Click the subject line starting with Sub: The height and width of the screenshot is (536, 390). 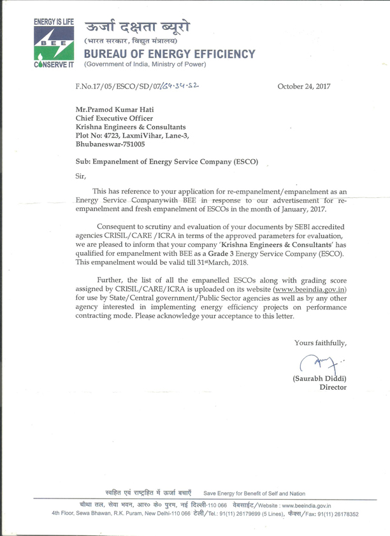tap(167, 162)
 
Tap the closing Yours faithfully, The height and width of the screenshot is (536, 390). tap(320, 343)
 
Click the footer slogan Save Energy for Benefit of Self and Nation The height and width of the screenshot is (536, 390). tap(254, 493)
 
